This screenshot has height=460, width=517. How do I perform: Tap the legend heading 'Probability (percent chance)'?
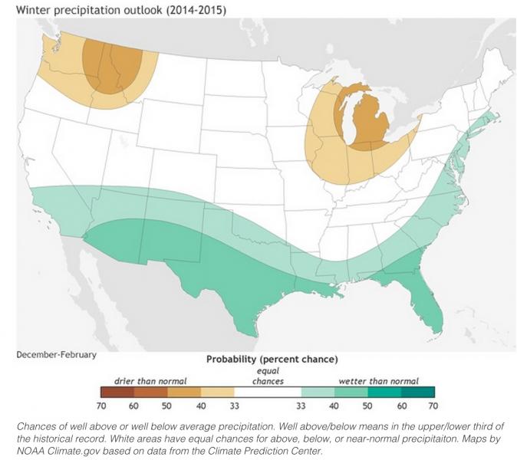(x=272, y=359)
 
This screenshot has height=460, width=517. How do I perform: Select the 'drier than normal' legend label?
(x=150, y=380)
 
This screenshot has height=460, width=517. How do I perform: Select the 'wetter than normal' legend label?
(x=379, y=380)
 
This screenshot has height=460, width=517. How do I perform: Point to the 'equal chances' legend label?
(x=268, y=376)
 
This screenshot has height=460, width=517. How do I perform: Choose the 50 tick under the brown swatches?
(x=166, y=405)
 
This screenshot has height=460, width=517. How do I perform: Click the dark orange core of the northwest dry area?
(x=114, y=65)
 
